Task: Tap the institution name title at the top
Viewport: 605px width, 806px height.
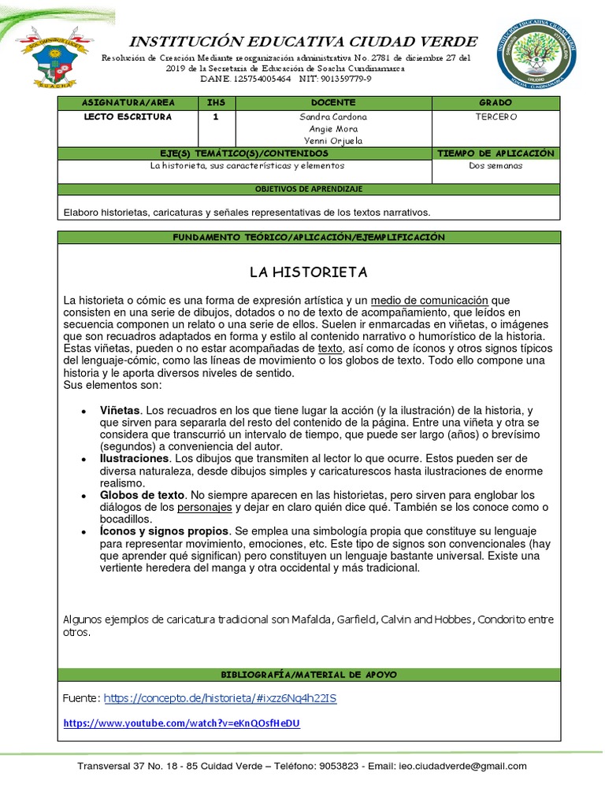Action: point(302,42)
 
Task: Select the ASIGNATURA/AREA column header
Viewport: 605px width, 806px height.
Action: point(128,103)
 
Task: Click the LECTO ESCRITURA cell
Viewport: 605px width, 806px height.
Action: point(128,117)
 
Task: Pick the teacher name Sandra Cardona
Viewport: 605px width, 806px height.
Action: point(334,117)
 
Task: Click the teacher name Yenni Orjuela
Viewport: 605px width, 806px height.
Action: point(334,141)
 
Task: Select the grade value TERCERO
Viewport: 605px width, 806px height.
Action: point(496,117)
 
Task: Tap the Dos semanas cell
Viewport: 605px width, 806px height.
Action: point(496,166)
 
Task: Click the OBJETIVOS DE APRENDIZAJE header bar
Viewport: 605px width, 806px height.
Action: point(308,190)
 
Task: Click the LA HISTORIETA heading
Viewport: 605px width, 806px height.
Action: point(308,272)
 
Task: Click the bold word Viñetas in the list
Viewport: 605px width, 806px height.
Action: point(120,410)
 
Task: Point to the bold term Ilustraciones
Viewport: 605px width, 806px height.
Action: point(134,458)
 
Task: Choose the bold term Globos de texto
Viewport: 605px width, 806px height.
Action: point(142,495)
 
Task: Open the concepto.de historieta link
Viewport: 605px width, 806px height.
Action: point(220,698)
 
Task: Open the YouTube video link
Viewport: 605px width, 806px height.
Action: point(181,723)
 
